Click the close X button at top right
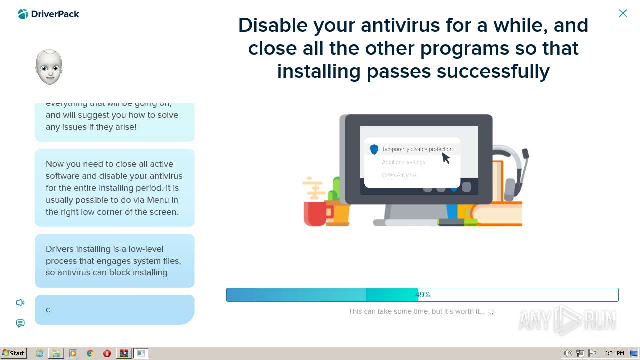(x=623, y=13)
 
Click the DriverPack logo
(x=48, y=14)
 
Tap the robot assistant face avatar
(x=49, y=67)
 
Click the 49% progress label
(x=422, y=295)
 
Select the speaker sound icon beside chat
(x=20, y=302)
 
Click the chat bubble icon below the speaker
(x=20, y=323)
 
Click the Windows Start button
(x=14, y=353)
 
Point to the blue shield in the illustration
(x=374, y=149)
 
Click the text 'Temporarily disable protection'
(x=417, y=149)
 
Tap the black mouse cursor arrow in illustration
(x=445, y=158)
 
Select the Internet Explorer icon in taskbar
(x=39, y=353)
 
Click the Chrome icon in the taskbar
(x=90, y=353)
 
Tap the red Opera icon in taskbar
(x=107, y=353)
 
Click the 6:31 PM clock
(x=614, y=353)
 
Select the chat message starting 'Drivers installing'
(x=114, y=261)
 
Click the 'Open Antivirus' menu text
(x=399, y=175)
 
